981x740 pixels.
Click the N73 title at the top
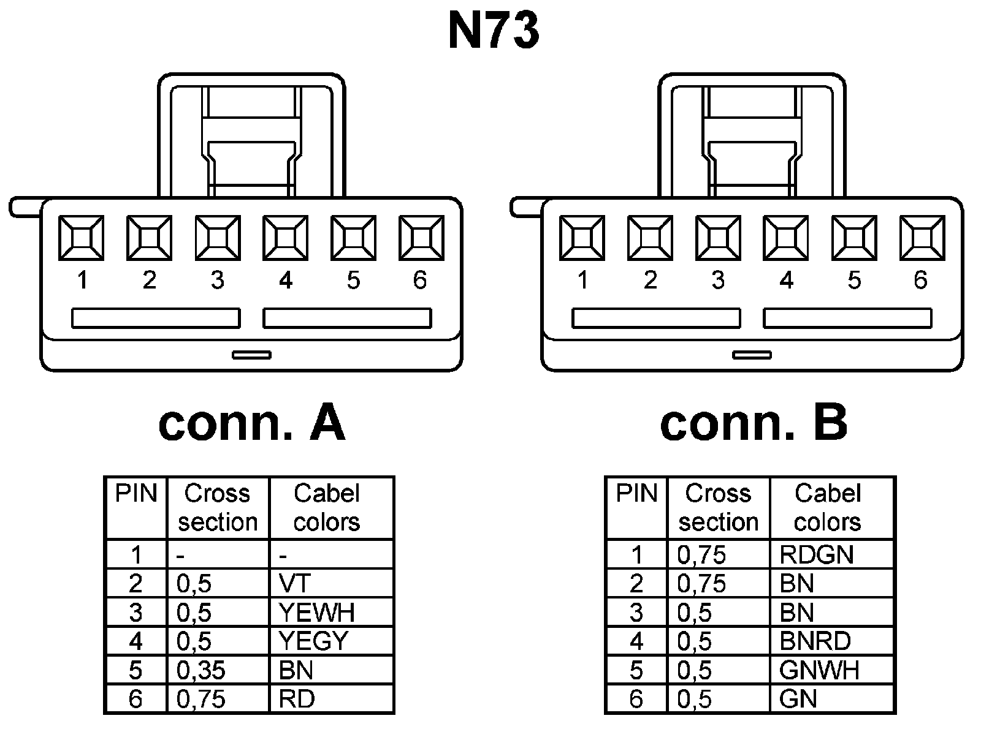click(x=494, y=31)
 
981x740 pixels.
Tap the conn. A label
click(x=251, y=423)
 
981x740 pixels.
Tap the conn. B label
click(x=754, y=423)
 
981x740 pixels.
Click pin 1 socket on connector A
click(x=81, y=237)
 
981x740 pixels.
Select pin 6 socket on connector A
click(x=421, y=237)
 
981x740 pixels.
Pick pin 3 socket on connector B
click(x=718, y=237)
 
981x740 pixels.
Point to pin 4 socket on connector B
click(x=786, y=237)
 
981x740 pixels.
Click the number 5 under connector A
click(x=353, y=281)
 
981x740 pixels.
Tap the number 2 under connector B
click(x=651, y=281)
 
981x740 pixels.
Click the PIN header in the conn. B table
click(x=636, y=494)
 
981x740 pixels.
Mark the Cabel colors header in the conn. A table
click(x=327, y=508)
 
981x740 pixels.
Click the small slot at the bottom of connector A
click(x=251, y=355)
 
